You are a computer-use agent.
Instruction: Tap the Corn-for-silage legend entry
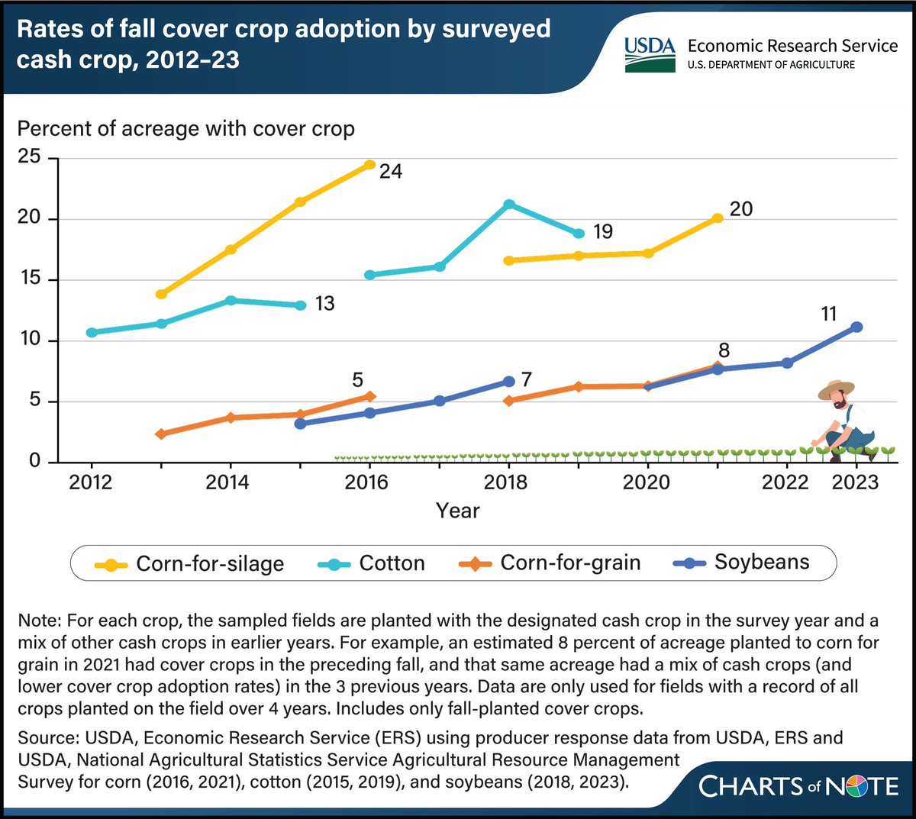(x=189, y=564)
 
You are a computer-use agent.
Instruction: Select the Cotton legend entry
(x=372, y=564)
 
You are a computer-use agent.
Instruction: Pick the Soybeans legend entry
(x=741, y=563)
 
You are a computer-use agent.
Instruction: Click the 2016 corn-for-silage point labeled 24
(x=369, y=165)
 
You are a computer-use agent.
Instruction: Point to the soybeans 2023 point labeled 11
(x=856, y=327)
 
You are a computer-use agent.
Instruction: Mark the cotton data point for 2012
(x=92, y=333)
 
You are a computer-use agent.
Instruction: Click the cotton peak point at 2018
(x=509, y=205)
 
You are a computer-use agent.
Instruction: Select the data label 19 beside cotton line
(x=603, y=232)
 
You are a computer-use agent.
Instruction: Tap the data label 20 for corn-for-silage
(x=740, y=209)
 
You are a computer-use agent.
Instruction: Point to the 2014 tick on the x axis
(x=227, y=482)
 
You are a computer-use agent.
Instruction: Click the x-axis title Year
(x=457, y=511)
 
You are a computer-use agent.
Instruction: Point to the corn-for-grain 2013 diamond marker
(x=161, y=434)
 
